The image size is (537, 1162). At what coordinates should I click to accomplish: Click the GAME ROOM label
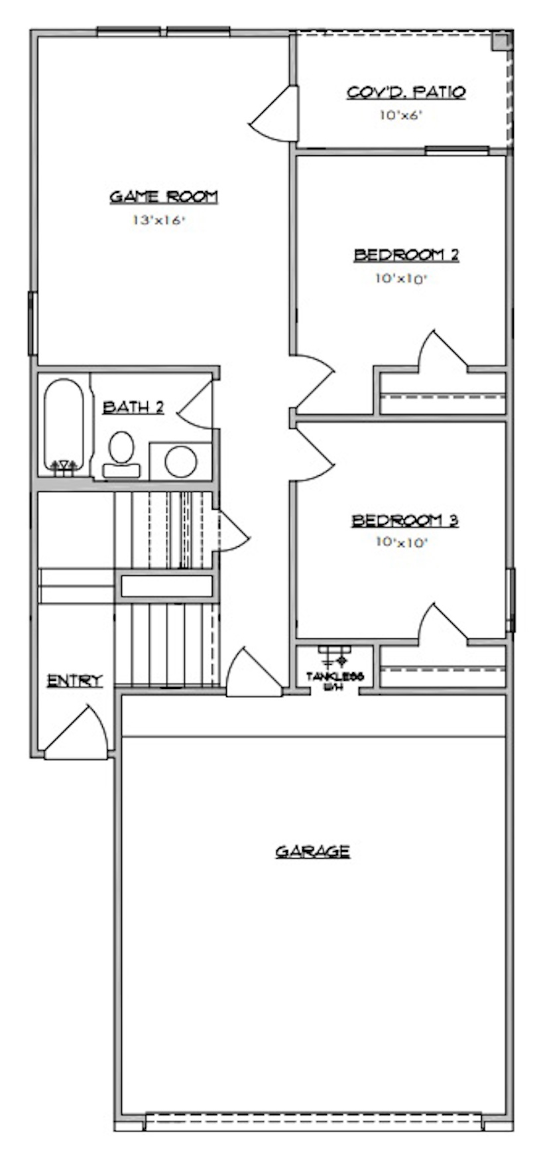coord(163,196)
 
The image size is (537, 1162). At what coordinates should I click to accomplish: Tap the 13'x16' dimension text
coord(157,221)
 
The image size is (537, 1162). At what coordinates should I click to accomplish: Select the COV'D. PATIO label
coord(406,92)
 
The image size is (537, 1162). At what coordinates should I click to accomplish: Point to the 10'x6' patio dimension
coord(401,115)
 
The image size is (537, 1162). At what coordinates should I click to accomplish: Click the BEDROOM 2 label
coord(406,255)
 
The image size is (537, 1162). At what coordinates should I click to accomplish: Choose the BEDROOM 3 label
coord(404,520)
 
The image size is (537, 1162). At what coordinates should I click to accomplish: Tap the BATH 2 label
coord(133,407)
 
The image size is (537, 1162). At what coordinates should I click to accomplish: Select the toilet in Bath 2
coord(121,454)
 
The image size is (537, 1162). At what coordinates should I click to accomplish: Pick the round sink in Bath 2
coord(181,461)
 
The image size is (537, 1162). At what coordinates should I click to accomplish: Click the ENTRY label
coord(75,680)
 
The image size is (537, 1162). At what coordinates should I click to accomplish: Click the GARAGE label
coord(312,851)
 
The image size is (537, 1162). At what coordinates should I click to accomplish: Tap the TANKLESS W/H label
coord(335,681)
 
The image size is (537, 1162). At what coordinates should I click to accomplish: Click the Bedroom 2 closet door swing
coord(439,350)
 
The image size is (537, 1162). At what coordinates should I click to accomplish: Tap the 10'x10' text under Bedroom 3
coord(401,542)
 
